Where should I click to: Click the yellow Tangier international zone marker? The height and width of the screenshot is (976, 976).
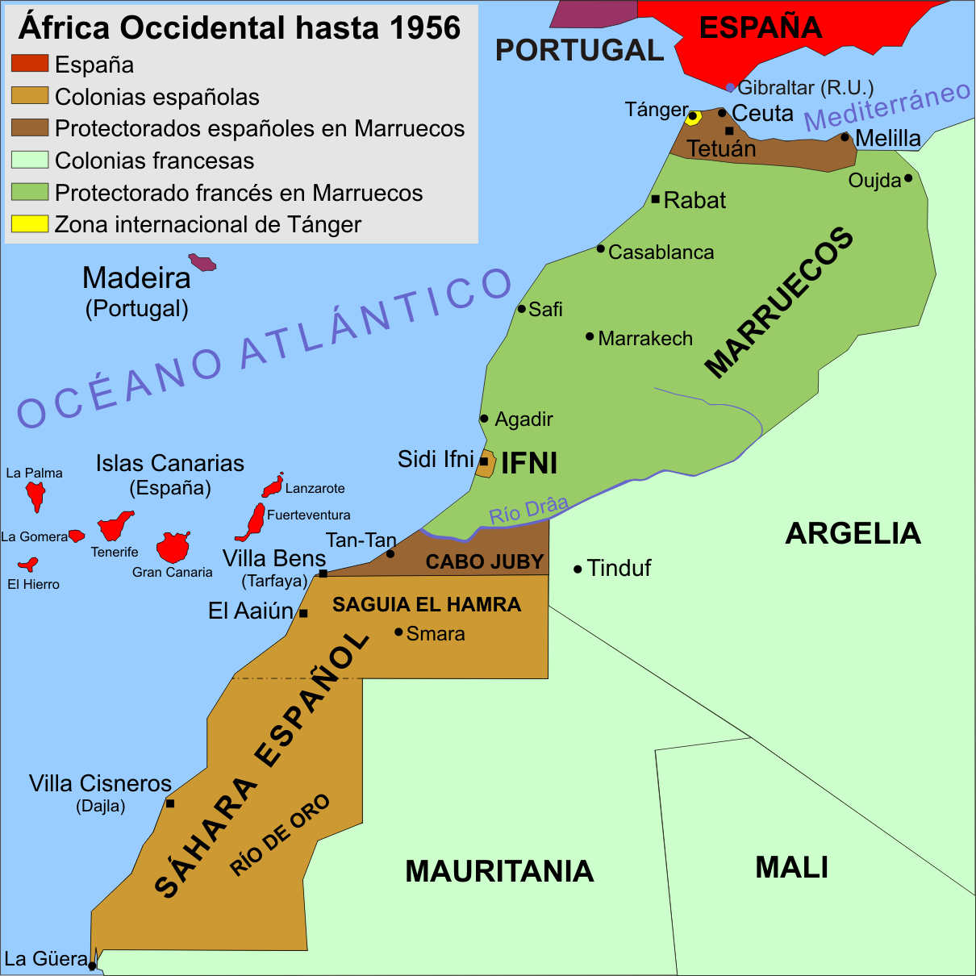coord(693,118)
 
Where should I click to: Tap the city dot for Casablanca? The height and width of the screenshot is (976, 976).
coord(600,248)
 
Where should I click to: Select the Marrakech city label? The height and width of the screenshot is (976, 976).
coord(645,339)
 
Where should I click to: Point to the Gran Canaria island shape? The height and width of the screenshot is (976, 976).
coord(173,547)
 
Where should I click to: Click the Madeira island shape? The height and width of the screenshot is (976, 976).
coord(202,262)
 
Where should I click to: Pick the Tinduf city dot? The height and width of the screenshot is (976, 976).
coord(578,569)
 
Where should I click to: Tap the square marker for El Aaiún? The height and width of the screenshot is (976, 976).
coord(303,614)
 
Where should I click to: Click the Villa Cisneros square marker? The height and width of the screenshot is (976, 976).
coord(170,803)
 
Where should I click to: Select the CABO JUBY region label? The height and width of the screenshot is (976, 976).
coord(485,562)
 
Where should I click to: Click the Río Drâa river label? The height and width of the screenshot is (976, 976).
coord(528,510)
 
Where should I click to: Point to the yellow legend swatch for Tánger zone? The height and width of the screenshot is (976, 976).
coord(30,224)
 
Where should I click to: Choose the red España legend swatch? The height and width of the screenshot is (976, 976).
coord(30,64)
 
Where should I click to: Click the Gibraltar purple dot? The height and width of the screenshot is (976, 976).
coord(730,87)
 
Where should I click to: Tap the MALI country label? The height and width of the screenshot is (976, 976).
coord(791,868)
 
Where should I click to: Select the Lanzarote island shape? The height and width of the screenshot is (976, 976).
coord(273,486)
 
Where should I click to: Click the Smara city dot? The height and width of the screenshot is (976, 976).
coord(398,632)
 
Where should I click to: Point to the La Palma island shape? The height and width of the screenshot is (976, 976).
coord(35,494)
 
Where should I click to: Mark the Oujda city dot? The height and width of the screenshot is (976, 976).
coord(907,178)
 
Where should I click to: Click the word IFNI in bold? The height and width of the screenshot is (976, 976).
coord(529,464)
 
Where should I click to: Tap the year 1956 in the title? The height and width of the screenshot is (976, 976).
coord(424,28)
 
